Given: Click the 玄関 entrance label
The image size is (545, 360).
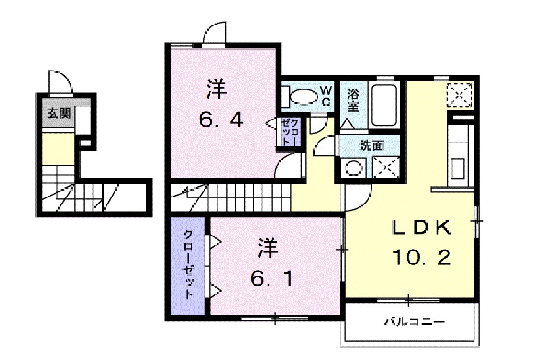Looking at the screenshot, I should point(60,113).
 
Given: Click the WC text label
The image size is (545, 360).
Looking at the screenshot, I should point(327,97).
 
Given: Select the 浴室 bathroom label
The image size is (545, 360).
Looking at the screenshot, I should point(353,100).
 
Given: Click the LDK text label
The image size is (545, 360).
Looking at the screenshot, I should point(420,228).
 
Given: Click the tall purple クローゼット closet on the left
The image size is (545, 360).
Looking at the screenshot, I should point(188,265).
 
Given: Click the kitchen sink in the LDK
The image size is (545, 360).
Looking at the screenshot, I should point(459,168).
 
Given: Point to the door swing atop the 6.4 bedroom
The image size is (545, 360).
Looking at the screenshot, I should point(214,34).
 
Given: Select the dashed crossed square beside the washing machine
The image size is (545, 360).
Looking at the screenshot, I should point(386,168).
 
